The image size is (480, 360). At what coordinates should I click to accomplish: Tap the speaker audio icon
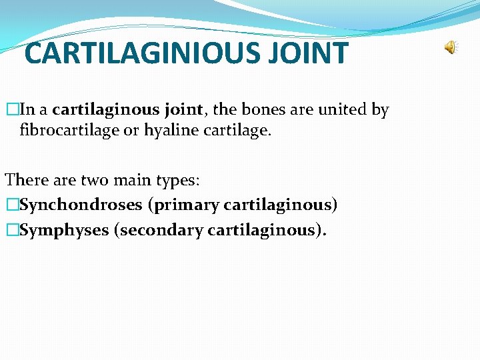coord(451,47)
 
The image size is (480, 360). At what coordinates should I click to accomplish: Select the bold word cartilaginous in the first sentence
coord(105,110)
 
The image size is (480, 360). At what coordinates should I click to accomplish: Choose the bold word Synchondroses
coord(81,205)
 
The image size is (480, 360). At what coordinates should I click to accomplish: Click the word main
coord(129,180)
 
